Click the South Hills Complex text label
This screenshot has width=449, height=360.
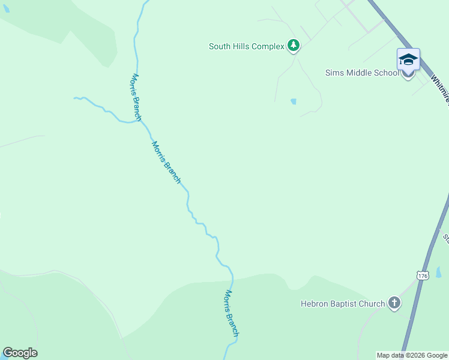click(x=246, y=46)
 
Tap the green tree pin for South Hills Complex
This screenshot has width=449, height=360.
click(x=293, y=46)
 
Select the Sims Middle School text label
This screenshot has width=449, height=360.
click(x=361, y=73)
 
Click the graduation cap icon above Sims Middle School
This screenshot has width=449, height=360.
click(x=408, y=59)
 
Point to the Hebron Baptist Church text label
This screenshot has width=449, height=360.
click(x=342, y=304)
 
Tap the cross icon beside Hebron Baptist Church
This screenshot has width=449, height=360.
click(x=394, y=303)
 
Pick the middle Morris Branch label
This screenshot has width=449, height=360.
click(x=166, y=162)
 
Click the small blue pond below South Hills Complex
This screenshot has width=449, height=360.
click(x=293, y=101)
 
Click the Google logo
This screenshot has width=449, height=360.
click(x=20, y=353)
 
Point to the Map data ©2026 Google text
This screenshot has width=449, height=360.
click(x=412, y=355)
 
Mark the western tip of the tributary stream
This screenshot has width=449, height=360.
click(x=74, y=97)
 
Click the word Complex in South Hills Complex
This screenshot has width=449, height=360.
click(x=268, y=46)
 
